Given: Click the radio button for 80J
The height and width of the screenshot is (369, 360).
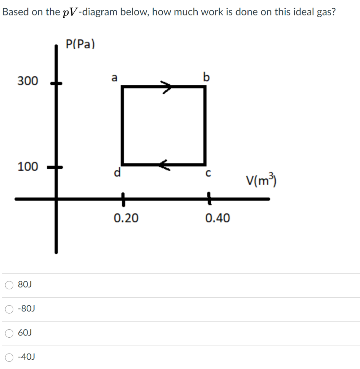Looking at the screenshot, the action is (9, 285).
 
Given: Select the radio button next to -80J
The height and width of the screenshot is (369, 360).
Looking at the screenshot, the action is (9, 309).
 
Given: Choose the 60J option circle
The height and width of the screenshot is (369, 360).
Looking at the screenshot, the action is (9, 333).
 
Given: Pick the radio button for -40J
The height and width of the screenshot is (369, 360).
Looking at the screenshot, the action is (9, 357).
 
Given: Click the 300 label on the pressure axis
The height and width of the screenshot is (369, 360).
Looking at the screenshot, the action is (27, 81).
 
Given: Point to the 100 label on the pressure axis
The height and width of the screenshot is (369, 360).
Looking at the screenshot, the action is (27, 167).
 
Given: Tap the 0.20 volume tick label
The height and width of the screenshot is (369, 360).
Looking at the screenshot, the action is (126, 218).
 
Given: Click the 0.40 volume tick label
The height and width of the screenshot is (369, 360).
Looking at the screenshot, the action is (218, 218).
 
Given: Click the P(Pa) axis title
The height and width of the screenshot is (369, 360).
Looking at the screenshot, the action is (80, 44).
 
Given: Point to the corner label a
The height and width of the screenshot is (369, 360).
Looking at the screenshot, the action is (114, 77).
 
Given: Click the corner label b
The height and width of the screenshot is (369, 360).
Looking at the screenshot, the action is (206, 77).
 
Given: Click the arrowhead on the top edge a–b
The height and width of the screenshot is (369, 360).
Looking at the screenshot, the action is (167, 87).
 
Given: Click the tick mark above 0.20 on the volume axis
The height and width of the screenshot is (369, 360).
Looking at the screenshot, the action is (123, 199).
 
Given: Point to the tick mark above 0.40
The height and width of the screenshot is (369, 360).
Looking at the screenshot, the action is (208, 199).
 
